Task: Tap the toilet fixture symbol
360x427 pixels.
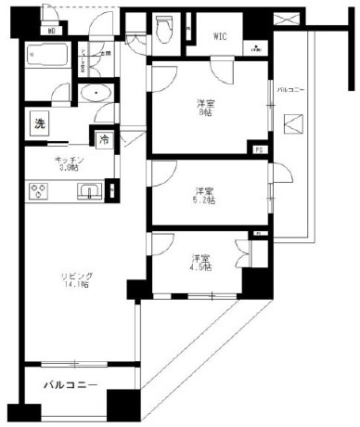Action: click(164, 31)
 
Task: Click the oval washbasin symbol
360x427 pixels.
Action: click(96, 94)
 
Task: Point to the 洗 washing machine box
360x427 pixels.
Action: click(39, 123)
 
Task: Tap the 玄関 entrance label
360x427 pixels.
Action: click(105, 53)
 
